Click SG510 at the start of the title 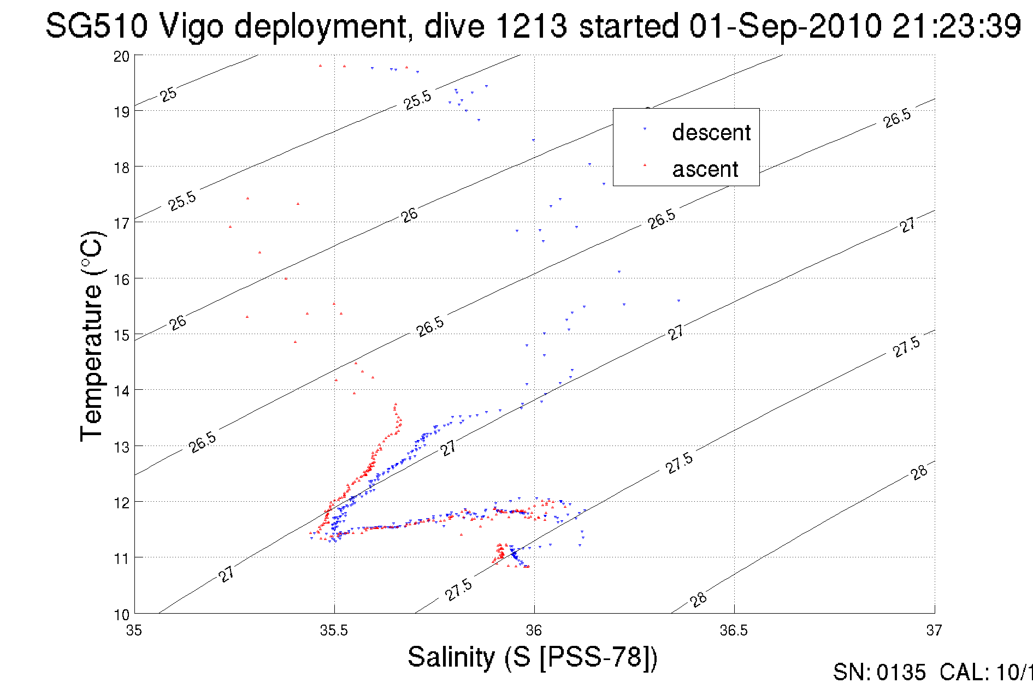click(96, 26)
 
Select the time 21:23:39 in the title click(957, 26)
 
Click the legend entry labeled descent click(711, 133)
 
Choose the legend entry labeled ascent click(705, 169)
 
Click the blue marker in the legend click(645, 129)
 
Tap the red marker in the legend click(645, 164)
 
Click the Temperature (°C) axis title click(92, 336)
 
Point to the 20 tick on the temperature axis click(122, 56)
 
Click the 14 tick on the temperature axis click(122, 391)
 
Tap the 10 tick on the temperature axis click(122, 614)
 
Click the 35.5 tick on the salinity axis click(334, 631)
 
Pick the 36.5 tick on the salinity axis click(734, 631)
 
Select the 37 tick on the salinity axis click(934, 631)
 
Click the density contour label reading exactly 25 click(168, 94)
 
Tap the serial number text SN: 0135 click(879, 673)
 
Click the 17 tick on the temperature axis click(122, 223)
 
